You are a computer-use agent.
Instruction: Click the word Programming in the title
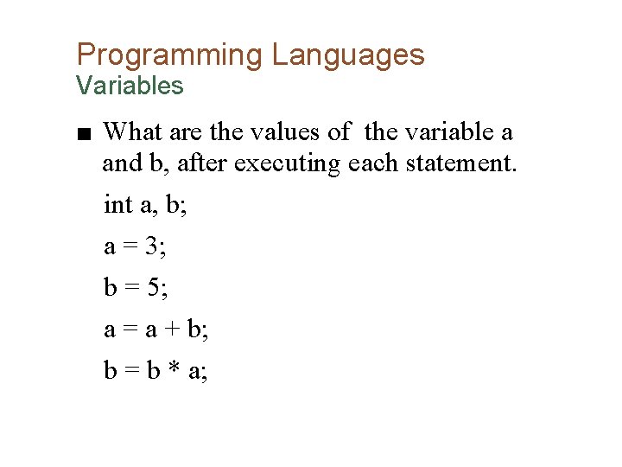pyautogui.click(x=169, y=55)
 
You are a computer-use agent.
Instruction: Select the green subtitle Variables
pyautogui.click(x=130, y=86)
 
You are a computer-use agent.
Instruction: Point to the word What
pyautogui.click(x=132, y=132)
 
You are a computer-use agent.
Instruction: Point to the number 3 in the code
pyautogui.click(x=152, y=246)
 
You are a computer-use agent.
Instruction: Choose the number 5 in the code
pyautogui.click(x=152, y=288)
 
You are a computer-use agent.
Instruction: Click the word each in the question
pyautogui.click(x=368, y=163)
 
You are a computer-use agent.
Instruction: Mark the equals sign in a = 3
pyautogui.click(x=130, y=246)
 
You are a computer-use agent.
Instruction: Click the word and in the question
pyautogui.click(x=119, y=163)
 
